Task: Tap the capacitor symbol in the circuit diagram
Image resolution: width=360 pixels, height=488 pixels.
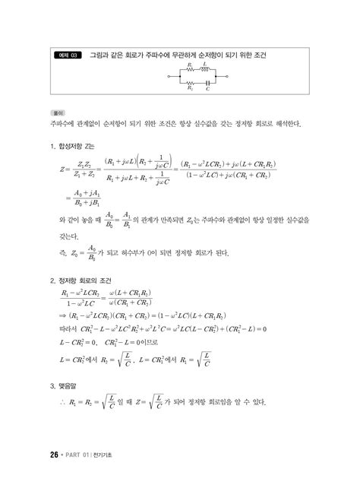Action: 207,81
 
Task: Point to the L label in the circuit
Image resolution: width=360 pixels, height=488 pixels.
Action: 203,65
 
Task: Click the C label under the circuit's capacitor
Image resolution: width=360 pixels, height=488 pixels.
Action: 207,88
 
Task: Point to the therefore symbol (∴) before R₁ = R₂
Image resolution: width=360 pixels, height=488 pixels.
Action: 62,403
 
